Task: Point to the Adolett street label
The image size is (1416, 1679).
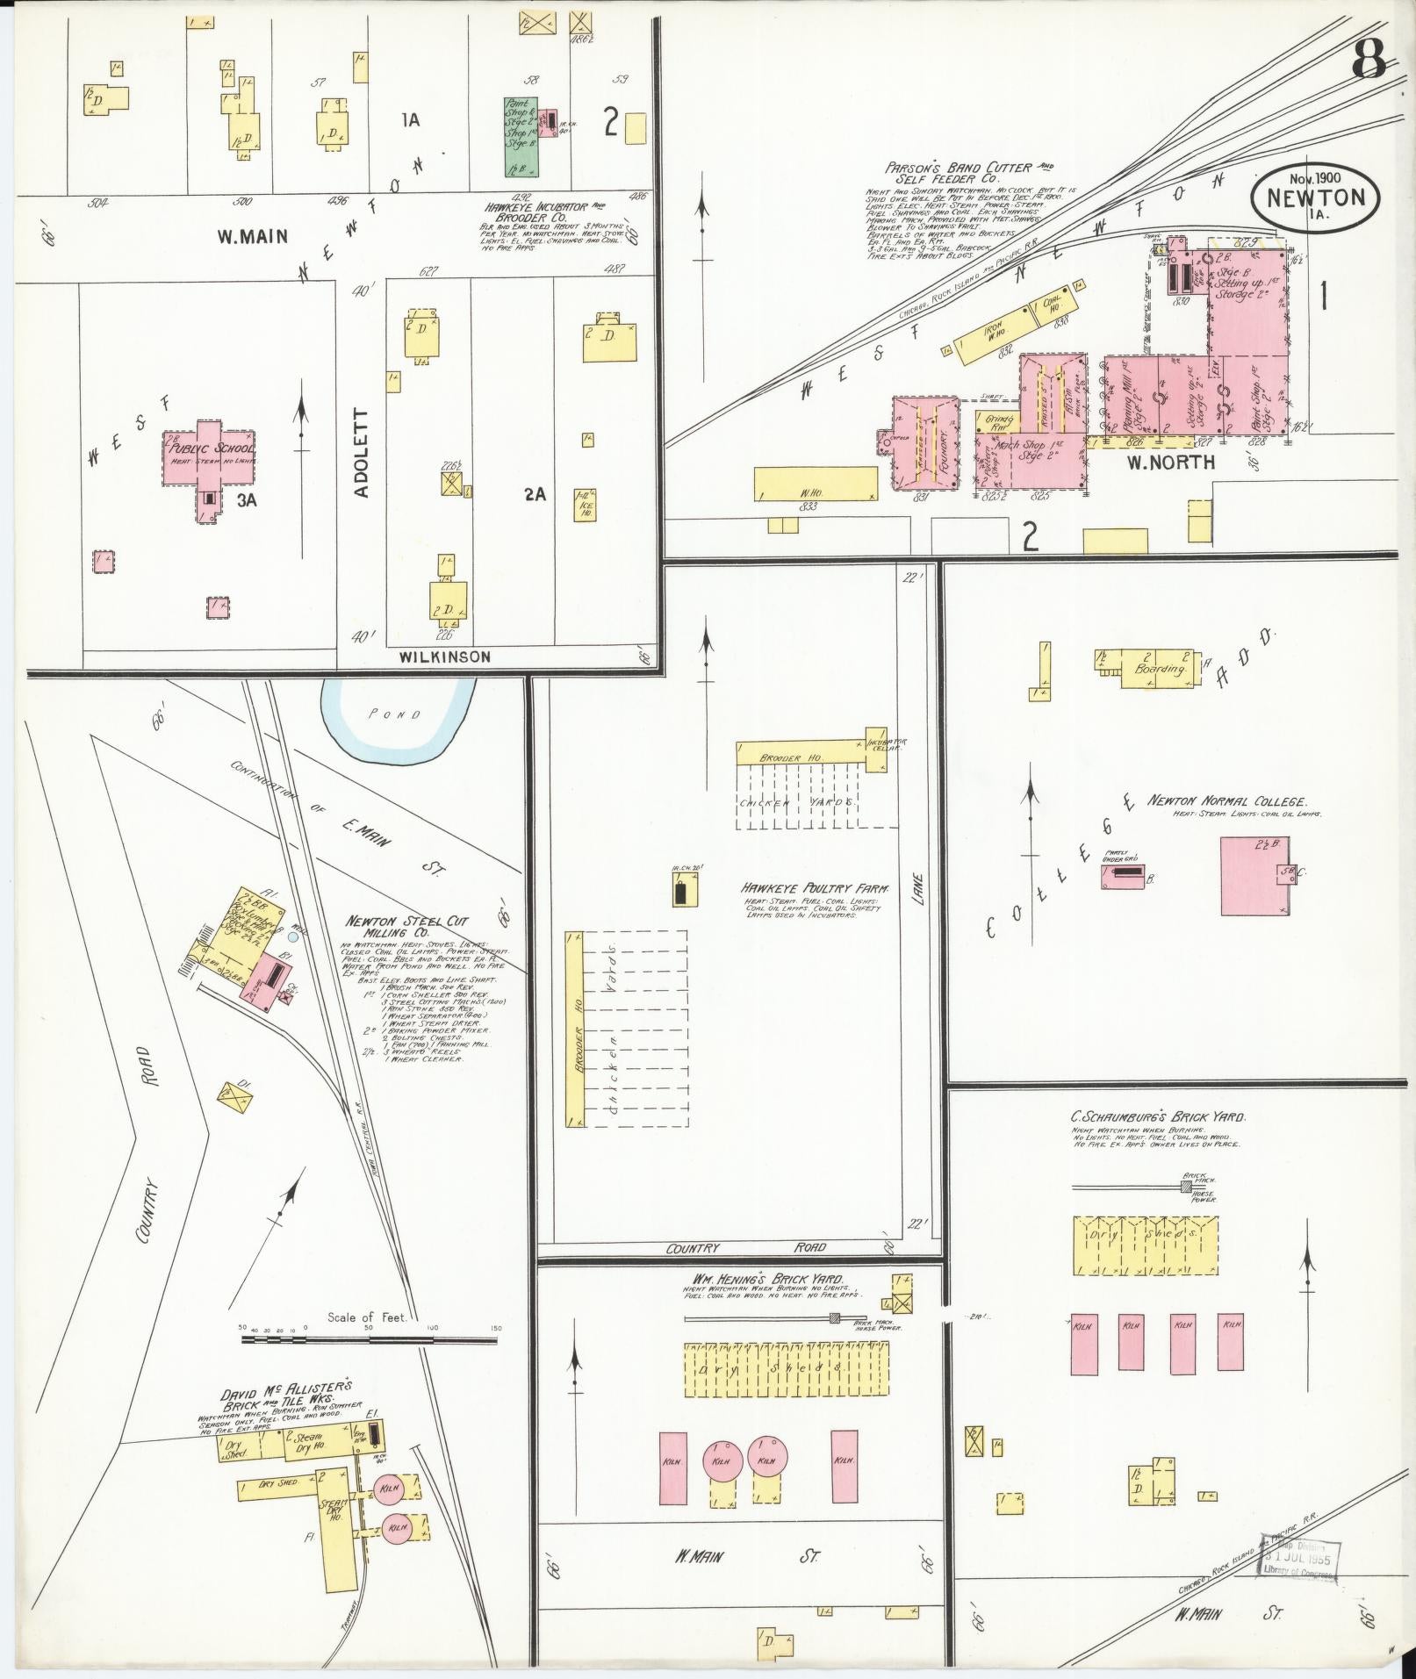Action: point(362,453)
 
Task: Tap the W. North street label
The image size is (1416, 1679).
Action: point(1170,462)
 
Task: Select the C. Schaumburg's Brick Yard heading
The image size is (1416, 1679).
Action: point(1158,1117)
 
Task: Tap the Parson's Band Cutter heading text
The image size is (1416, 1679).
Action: point(969,172)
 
